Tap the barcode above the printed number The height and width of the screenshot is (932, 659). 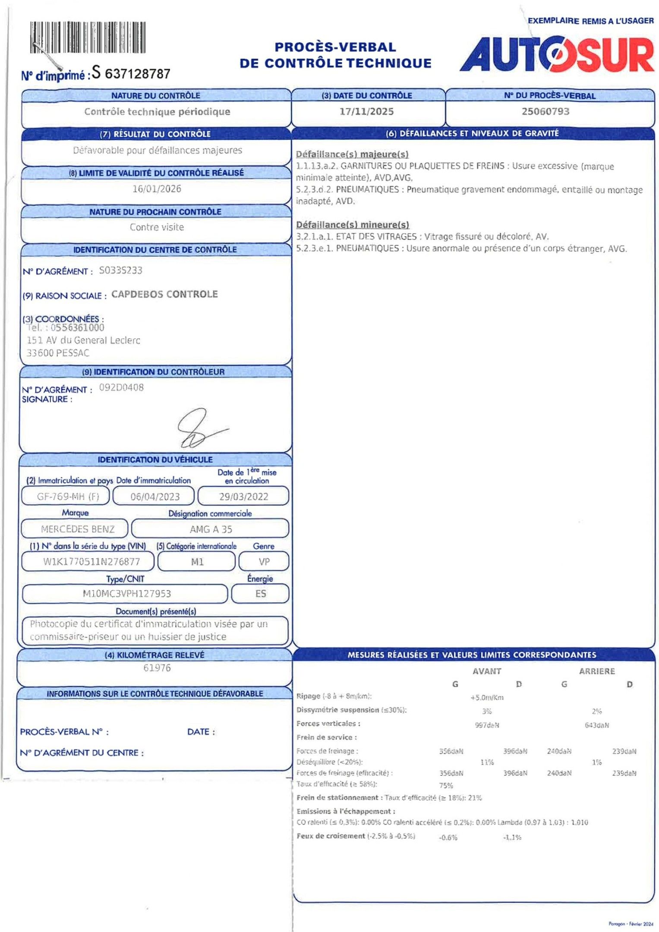click(88, 38)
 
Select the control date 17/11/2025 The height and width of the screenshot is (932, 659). click(366, 112)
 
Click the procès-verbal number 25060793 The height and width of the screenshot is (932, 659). click(545, 112)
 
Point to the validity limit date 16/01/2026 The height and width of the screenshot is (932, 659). click(157, 189)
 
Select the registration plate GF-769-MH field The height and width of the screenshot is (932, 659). click(68, 496)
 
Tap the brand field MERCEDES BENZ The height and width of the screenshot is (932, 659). click(78, 529)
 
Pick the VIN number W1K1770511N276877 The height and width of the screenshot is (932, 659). click(91, 562)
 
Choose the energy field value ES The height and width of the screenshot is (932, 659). click(261, 594)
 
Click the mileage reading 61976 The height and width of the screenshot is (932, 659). click(157, 668)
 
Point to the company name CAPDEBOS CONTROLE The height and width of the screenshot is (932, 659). click(164, 294)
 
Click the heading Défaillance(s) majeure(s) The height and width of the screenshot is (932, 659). click(352, 154)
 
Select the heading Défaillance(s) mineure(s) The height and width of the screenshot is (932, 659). click(352, 225)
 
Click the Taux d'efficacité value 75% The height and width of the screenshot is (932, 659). click(446, 785)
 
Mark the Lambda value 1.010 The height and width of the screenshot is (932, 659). click(579, 822)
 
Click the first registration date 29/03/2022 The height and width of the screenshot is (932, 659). click(243, 497)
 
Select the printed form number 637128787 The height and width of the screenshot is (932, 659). click(138, 74)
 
